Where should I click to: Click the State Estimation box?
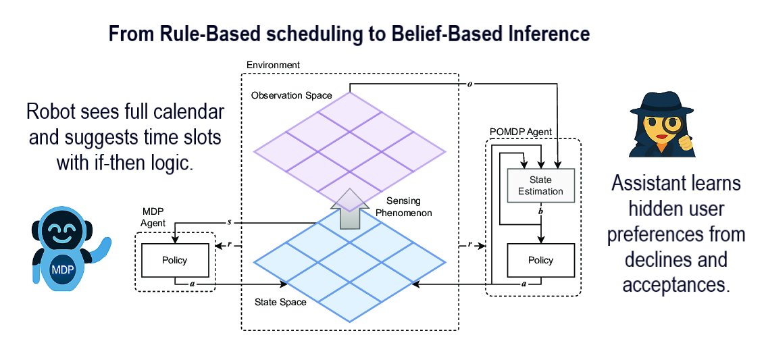click(540, 186)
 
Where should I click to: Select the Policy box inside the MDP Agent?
click(174, 260)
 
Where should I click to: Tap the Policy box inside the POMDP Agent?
click(540, 260)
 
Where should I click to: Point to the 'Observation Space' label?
click(291, 95)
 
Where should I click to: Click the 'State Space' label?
click(281, 302)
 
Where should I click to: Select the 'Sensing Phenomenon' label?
click(409, 207)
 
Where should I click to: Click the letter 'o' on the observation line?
click(471, 84)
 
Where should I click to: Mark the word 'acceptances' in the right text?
click(676, 284)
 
